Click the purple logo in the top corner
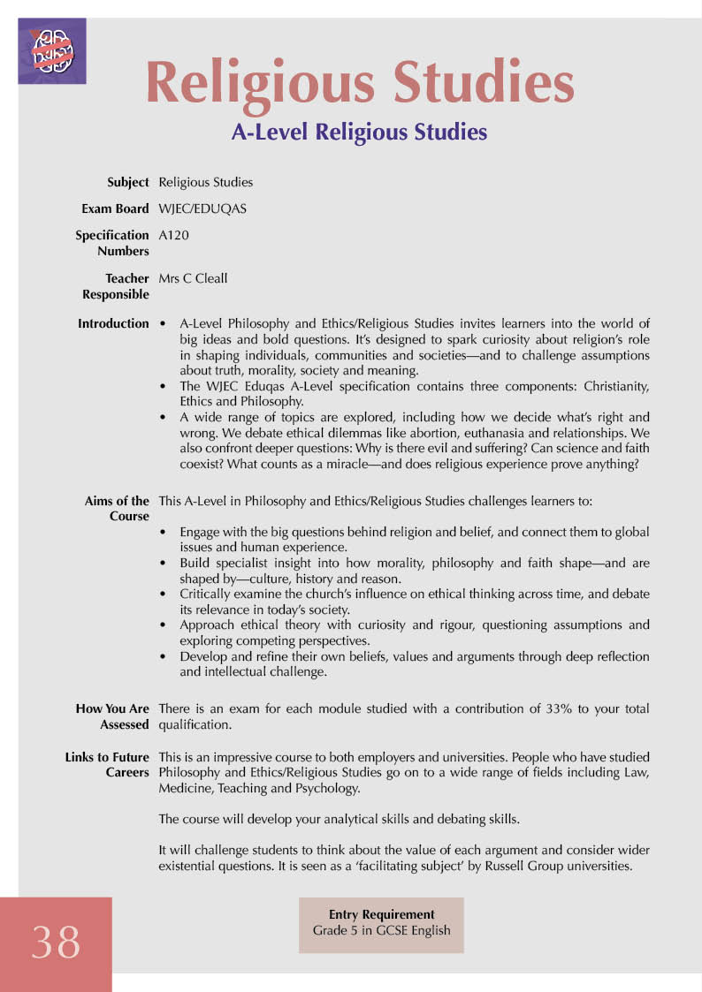pos(51,50)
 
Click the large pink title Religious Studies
pos(360,83)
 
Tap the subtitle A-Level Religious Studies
pos(359,133)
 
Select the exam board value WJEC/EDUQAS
pos(202,209)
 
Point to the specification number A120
pos(173,236)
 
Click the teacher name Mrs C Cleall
pos(193,279)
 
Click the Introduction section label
pos(113,324)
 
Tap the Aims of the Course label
pos(117,509)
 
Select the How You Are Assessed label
pos(112,716)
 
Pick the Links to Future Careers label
pos(107,765)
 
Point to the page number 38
pos(56,942)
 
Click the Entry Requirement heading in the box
pos(381,915)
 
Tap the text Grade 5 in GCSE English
pos(381,931)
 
